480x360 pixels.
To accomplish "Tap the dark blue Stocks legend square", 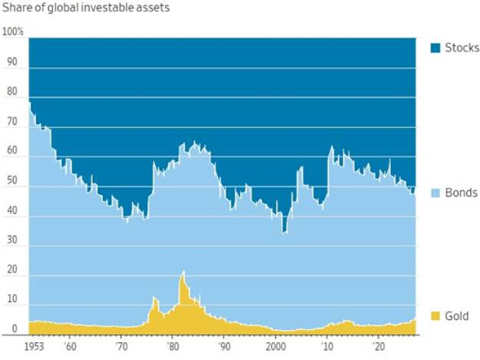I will pos(435,47).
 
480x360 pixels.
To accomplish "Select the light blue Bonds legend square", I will pos(435,193).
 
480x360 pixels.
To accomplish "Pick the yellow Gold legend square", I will pos(435,315).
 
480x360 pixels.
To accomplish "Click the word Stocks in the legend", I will pos(461,47).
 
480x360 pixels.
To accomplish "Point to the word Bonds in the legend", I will pos(461,193).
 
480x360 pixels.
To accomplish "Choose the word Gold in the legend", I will pos(458,315).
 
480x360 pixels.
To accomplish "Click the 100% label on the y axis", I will pos(13,32).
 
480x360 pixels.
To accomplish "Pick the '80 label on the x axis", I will pos(173,347).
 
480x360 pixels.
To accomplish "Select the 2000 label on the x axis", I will pos(276,347).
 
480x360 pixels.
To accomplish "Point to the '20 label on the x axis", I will pos(377,347).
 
